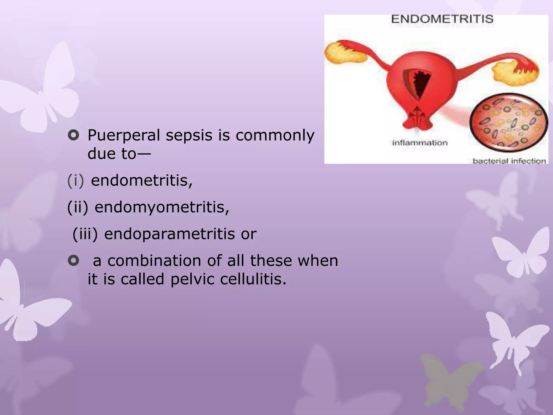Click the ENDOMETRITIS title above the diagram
[x=442, y=19]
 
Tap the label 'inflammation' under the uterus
[x=420, y=143]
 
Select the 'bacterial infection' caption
[x=509, y=161]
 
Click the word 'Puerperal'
[x=124, y=135]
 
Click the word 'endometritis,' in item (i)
[x=142, y=180]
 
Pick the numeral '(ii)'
[x=77, y=207]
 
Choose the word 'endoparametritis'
[x=169, y=234]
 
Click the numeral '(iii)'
[x=85, y=234]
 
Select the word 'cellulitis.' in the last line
[x=253, y=279]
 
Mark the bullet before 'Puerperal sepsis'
[x=73, y=135]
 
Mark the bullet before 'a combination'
[x=73, y=261]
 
